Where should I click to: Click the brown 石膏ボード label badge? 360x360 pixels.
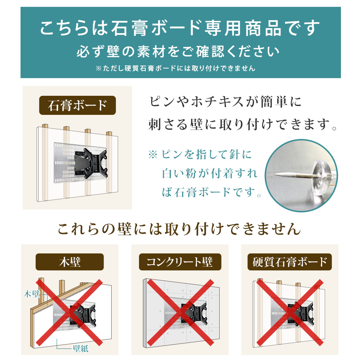pos(77,105)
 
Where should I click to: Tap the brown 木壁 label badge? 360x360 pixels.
pos(69,262)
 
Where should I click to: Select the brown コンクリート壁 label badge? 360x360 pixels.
pos(180,262)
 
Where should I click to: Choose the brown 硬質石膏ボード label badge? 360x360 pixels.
pos(289,262)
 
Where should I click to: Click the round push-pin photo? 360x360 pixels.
pos(302,174)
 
